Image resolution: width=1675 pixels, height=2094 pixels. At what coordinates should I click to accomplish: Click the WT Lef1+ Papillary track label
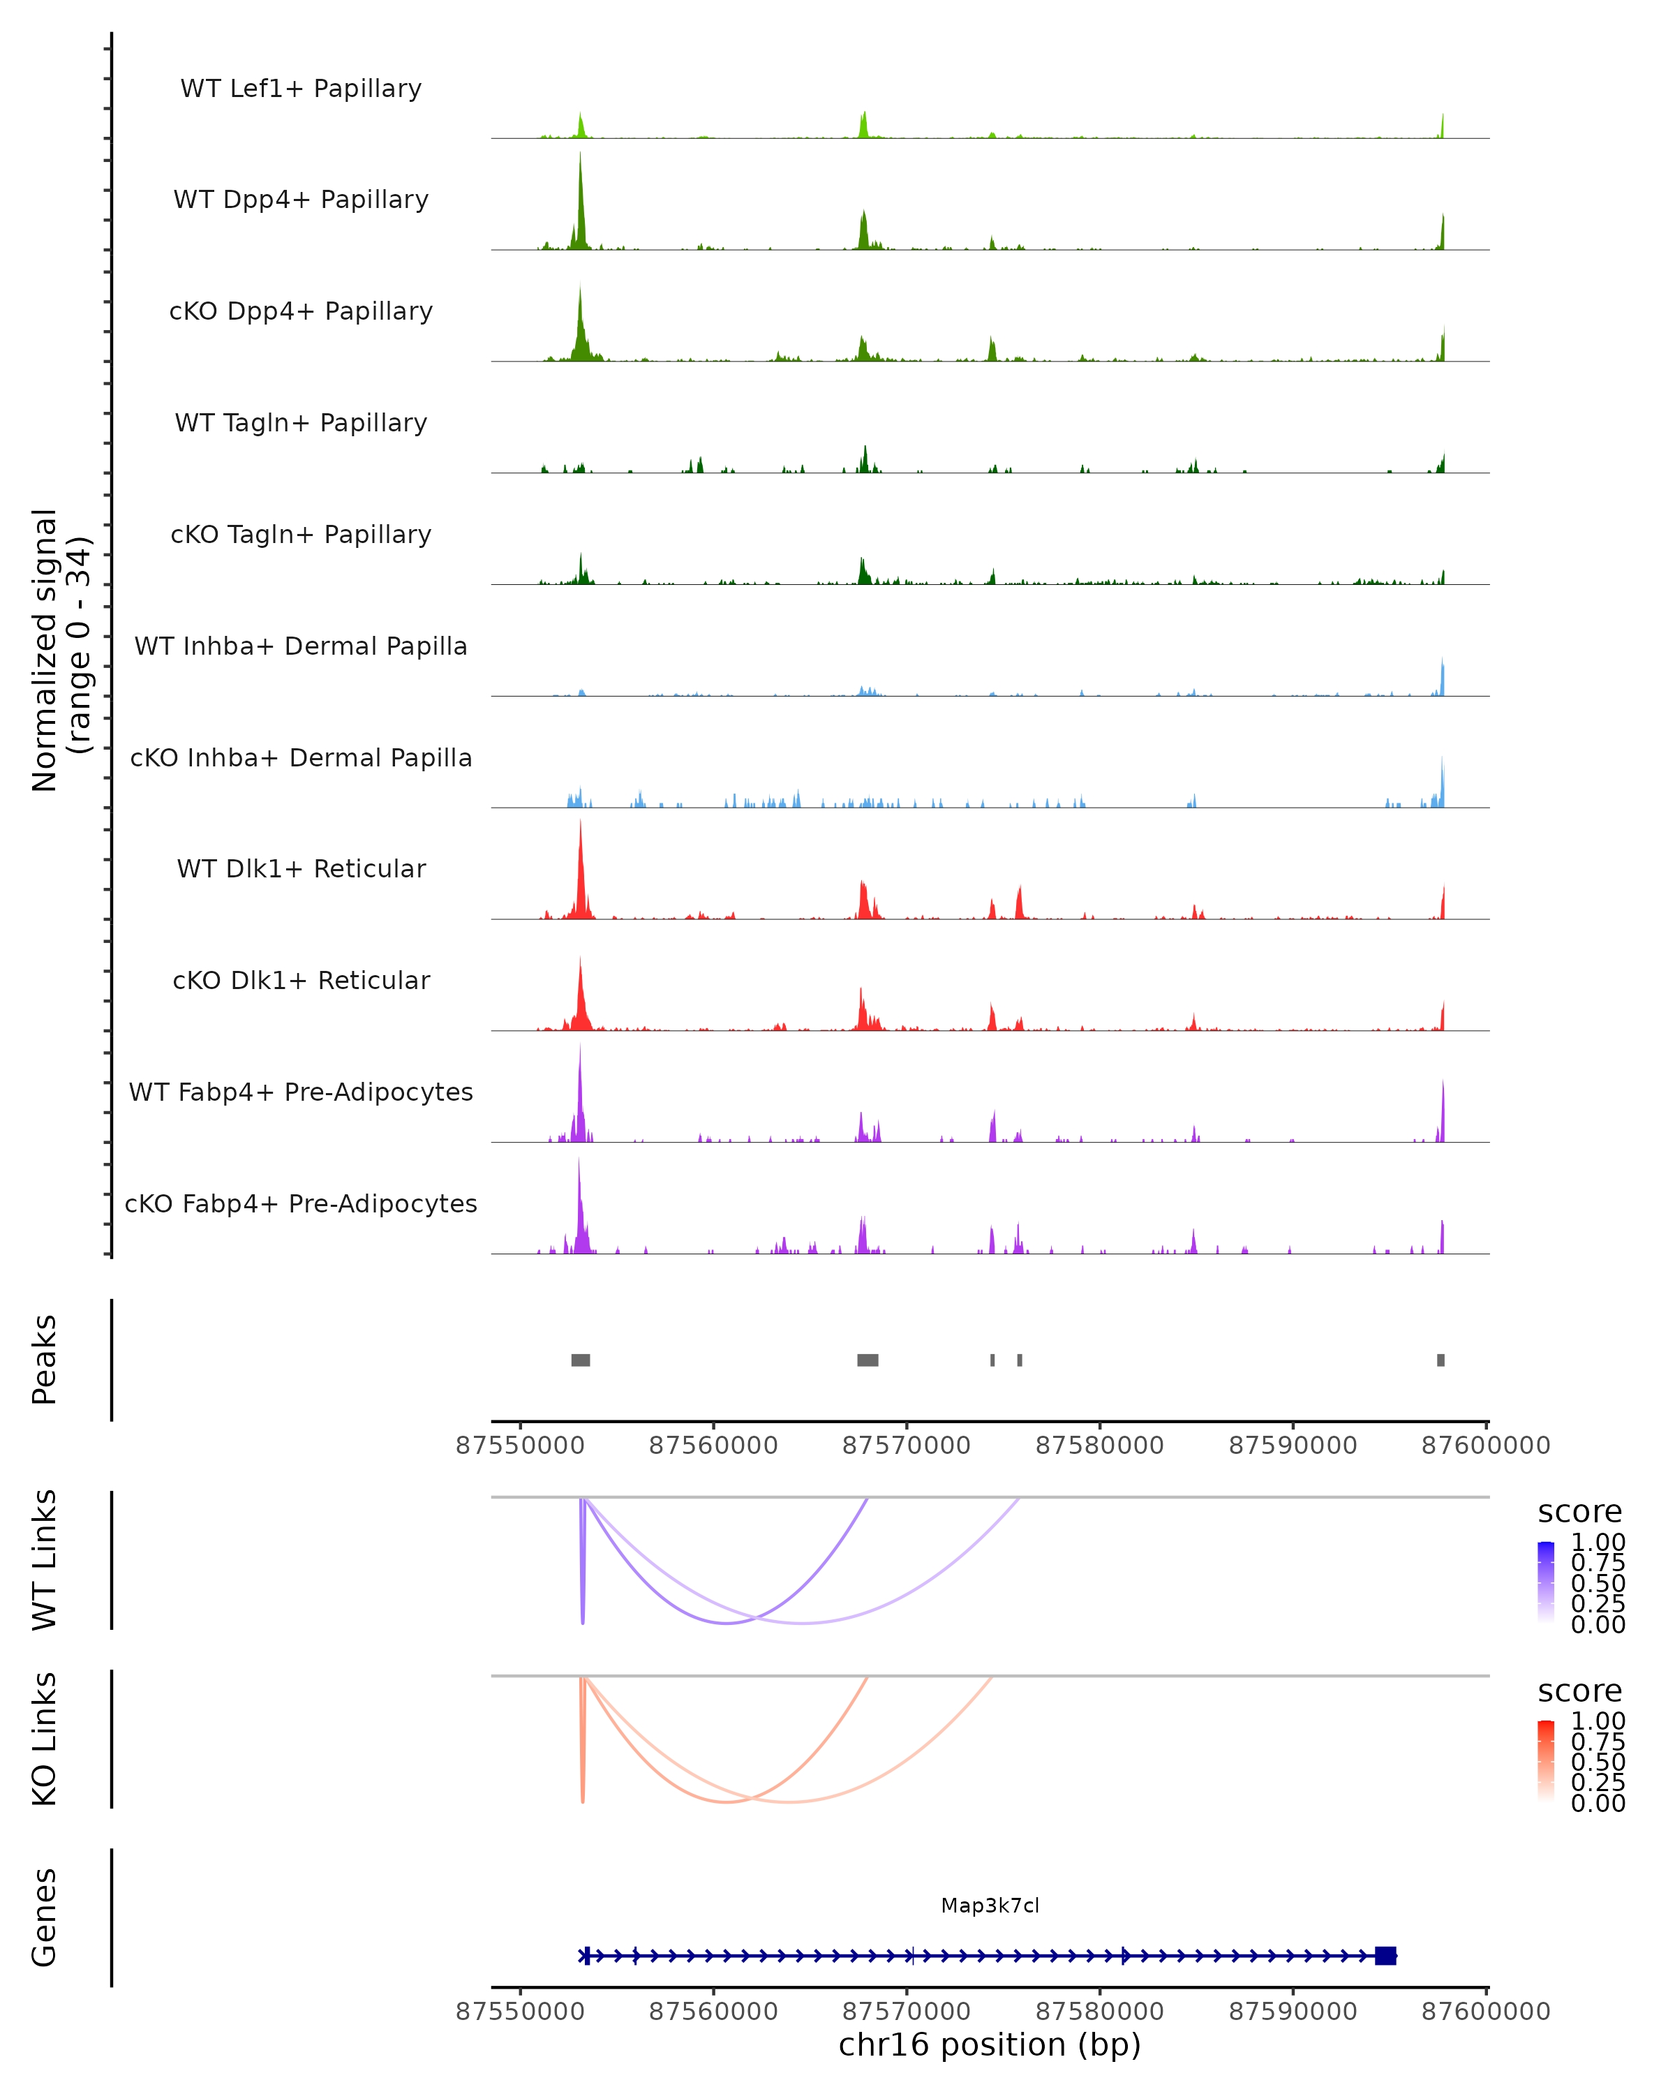[x=301, y=89]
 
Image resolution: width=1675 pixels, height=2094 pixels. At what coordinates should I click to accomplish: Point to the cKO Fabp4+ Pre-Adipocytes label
[x=301, y=1203]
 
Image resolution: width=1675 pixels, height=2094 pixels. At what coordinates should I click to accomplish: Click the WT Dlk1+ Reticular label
[x=301, y=868]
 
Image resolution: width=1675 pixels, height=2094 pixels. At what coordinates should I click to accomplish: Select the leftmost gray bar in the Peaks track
[x=581, y=1360]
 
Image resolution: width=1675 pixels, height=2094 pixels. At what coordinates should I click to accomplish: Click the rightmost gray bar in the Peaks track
[x=1441, y=1360]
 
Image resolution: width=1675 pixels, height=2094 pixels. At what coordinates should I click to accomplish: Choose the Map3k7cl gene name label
[x=990, y=1906]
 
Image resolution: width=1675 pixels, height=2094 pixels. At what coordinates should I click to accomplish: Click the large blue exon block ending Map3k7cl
[x=1385, y=1955]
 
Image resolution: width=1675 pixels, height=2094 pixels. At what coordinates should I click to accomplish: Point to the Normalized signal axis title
[x=60, y=651]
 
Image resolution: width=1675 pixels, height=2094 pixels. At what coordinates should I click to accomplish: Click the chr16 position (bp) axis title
[x=990, y=2045]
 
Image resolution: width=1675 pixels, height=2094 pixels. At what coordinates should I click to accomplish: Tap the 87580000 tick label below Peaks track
[x=1099, y=1446]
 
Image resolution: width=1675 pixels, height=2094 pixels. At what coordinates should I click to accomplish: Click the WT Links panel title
[x=45, y=1560]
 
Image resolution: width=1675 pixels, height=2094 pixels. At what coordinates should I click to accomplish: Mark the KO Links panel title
[x=45, y=1739]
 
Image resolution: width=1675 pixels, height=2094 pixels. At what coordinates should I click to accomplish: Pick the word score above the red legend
[x=1580, y=1691]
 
